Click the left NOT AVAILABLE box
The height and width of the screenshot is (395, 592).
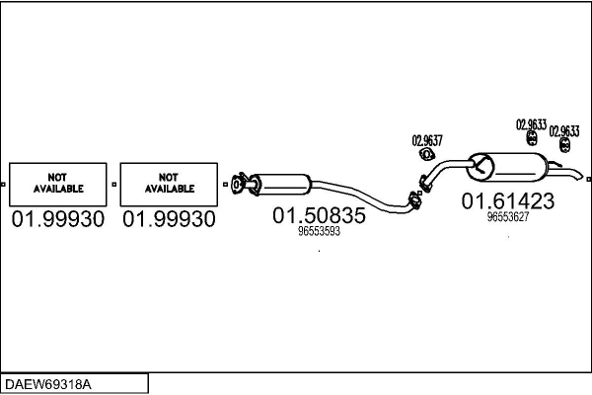tap(58, 183)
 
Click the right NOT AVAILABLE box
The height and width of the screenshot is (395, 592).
tap(170, 183)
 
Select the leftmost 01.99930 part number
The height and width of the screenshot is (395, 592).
tap(58, 220)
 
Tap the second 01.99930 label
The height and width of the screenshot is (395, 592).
tap(169, 220)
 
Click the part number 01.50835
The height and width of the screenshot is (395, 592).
tap(319, 215)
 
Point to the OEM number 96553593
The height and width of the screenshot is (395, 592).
tap(319, 232)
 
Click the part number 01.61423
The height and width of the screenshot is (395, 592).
tap(508, 201)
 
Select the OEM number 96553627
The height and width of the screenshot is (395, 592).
tap(508, 217)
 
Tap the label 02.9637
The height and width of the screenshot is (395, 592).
tap(426, 139)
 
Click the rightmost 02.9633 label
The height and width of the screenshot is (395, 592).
tap(564, 130)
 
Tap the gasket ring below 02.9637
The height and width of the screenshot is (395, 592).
tap(427, 154)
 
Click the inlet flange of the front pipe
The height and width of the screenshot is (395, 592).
tap(237, 183)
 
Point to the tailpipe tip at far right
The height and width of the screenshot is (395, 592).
tap(583, 180)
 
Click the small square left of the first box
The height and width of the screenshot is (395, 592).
tap(5, 184)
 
